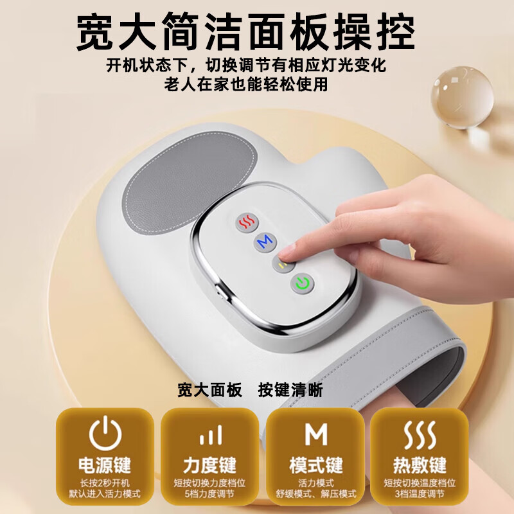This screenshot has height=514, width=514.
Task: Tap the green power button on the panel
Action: [302, 282]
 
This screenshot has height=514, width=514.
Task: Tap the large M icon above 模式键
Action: [315, 435]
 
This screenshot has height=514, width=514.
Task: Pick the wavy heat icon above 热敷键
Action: [421, 435]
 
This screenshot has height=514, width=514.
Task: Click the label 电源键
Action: [105, 465]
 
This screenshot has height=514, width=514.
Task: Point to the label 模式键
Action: [315, 465]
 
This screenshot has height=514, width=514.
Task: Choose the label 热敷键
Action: [421, 465]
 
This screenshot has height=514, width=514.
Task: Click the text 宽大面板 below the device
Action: [209, 390]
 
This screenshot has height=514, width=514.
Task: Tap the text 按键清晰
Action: [290, 390]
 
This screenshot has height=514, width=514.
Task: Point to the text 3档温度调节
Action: [421, 494]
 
